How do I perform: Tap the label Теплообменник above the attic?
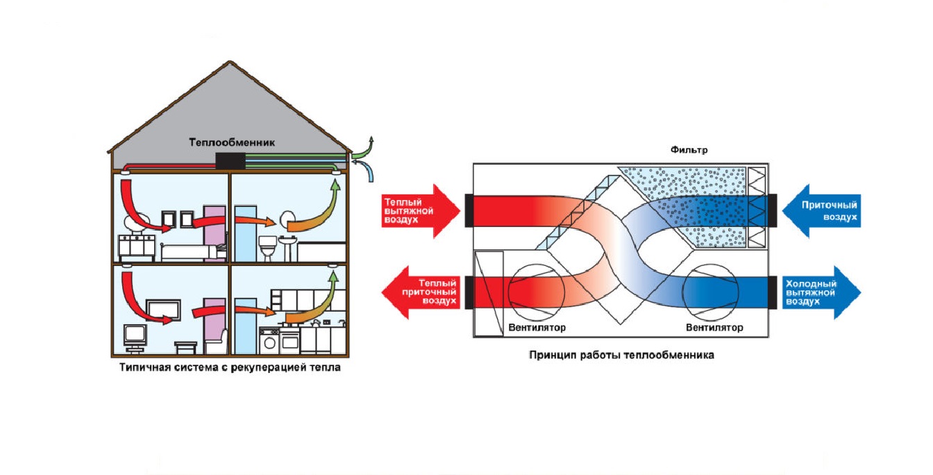point(232,142)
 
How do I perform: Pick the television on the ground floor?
point(133,335)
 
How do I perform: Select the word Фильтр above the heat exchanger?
point(689,150)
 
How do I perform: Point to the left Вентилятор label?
point(537,328)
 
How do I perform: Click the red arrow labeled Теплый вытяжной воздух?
point(421,210)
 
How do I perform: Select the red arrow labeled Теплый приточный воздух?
point(421,292)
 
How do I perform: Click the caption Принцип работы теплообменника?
point(621,356)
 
